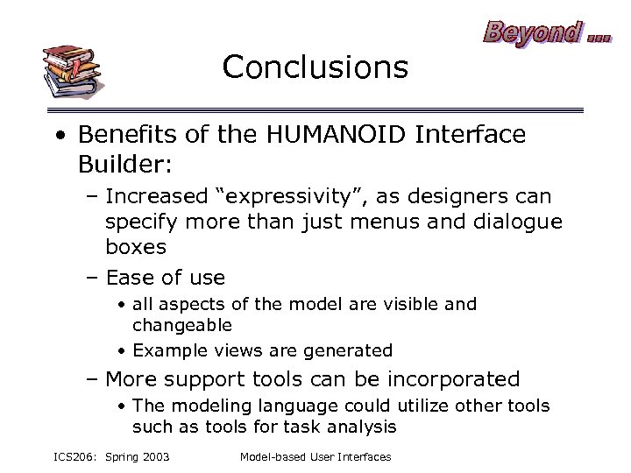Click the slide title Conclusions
click(315, 67)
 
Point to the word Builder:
click(116, 164)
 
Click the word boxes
click(136, 247)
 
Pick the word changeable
click(182, 325)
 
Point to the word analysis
click(361, 427)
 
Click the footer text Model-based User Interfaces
click(315, 457)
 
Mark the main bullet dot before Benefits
click(57, 136)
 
